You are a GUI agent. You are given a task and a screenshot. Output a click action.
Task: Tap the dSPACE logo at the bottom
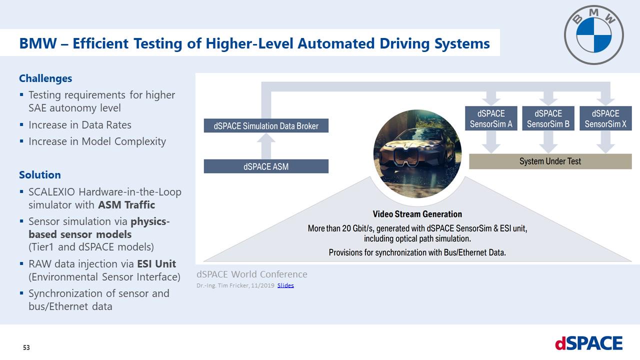tap(588, 343)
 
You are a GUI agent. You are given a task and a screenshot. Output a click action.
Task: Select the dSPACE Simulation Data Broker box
tap(266, 125)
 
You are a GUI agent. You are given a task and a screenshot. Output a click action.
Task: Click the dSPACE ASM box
tap(266, 166)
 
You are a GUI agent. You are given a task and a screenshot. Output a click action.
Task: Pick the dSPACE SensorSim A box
tap(491, 118)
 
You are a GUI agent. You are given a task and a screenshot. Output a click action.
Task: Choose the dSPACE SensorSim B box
tap(548, 118)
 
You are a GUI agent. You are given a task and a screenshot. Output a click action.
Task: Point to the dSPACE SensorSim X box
tap(605, 118)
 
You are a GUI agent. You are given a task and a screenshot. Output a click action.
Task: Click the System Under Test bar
tap(550, 161)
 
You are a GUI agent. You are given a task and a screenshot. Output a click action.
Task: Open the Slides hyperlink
tap(285, 285)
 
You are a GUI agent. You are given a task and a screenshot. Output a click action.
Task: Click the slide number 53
tap(26, 347)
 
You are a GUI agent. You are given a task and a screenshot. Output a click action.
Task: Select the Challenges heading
tap(45, 78)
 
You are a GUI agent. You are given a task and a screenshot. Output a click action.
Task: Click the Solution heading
tap(40, 175)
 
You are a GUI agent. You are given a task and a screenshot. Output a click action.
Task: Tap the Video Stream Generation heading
tap(417, 214)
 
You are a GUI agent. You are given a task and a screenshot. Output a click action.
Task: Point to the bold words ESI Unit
tap(156, 263)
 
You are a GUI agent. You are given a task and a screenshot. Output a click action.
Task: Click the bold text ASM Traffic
tap(126, 205)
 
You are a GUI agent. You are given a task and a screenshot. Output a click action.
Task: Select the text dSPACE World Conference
tap(252, 274)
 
